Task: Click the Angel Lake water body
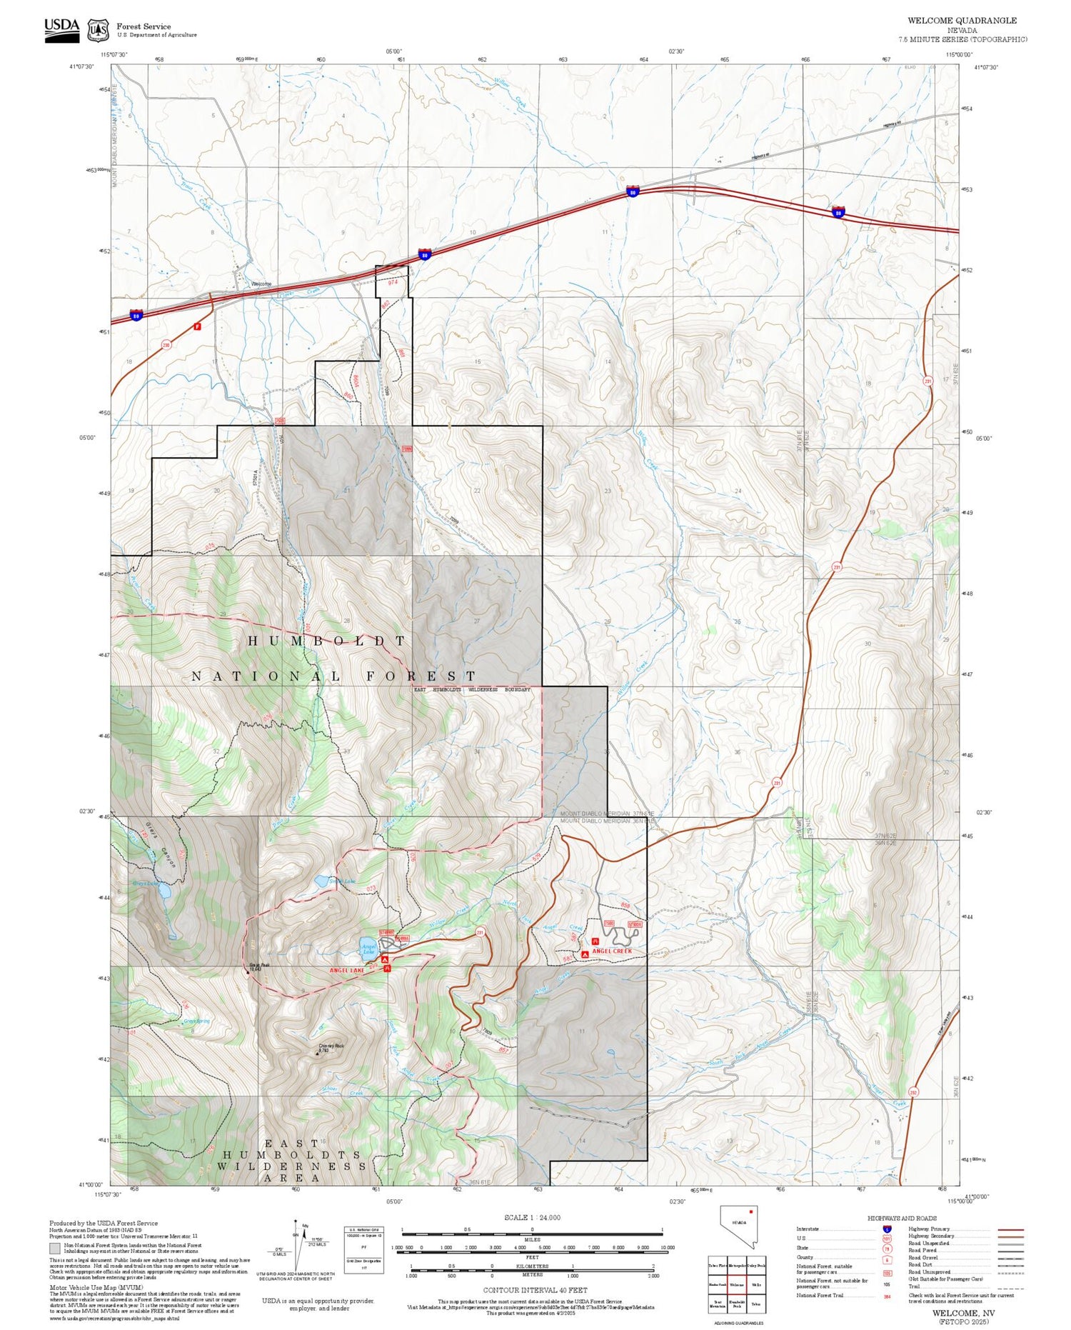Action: [x=368, y=946]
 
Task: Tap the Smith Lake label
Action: [x=341, y=881]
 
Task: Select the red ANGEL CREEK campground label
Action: [x=612, y=951]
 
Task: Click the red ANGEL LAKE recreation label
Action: [x=347, y=970]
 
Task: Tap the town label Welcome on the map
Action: [x=261, y=284]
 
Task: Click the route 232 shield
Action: [x=912, y=1092]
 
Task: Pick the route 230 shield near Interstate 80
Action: [x=166, y=345]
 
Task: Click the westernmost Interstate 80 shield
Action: [x=136, y=314]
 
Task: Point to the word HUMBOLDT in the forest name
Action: [x=327, y=641]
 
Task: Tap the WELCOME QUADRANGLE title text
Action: [x=962, y=20]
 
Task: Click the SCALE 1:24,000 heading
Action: [x=532, y=1217]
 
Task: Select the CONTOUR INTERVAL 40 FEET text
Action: [x=535, y=1290]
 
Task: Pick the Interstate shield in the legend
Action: [x=887, y=1229]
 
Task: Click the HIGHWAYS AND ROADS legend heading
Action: [x=902, y=1218]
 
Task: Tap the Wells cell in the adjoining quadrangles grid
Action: [x=756, y=1284]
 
